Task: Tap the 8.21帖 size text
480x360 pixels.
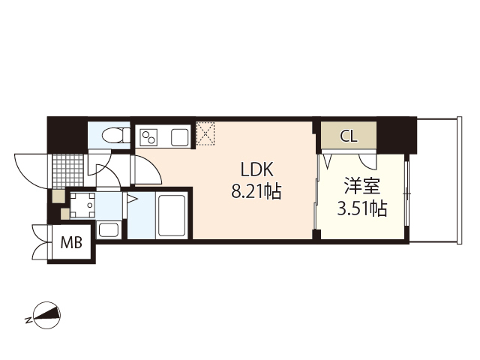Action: click(x=256, y=192)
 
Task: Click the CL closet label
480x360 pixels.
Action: click(x=348, y=137)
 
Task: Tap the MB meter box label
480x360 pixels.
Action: click(x=72, y=242)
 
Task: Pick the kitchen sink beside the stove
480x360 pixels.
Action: click(x=180, y=138)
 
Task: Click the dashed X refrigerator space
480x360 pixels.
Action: click(x=205, y=133)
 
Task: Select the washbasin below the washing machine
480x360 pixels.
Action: click(x=108, y=229)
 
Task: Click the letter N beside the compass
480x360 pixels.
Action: click(x=28, y=321)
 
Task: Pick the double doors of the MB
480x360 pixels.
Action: click(x=39, y=241)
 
